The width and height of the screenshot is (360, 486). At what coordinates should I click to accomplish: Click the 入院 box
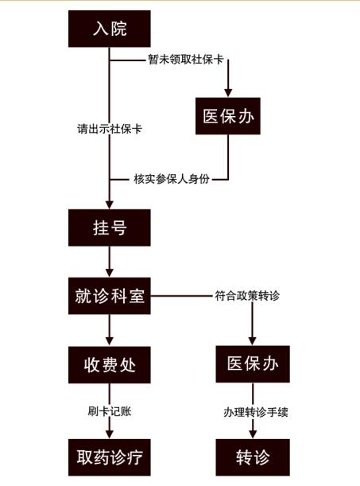pyautogui.click(x=109, y=29)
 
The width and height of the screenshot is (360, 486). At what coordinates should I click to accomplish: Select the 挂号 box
pyautogui.click(x=109, y=227)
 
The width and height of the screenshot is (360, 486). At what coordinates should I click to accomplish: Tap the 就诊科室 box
pyautogui.click(x=109, y=296)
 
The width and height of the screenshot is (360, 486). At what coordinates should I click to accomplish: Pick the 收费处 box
pyautogui.click(x=109, y=365)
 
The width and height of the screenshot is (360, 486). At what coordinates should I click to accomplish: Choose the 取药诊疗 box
pyautogui.click(x=109, y=457)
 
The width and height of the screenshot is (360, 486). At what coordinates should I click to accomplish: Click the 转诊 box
pyautogui.click(x=253, y=457)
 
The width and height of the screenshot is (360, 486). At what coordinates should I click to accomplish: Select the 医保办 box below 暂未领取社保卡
pyautogui.click(x=228, y=116)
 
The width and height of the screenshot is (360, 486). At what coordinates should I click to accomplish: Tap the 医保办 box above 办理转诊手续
pyautogui.click(x=253, y=364)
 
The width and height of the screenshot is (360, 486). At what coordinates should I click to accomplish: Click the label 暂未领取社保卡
pyautogui.click(x=186, y=59)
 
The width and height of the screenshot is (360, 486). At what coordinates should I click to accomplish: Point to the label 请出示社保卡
pyautogui.click(x=109, y=129)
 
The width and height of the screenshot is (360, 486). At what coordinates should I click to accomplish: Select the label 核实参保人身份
pyautogui.click(x=172, y=179)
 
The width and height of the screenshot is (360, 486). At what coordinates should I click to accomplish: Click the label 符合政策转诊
pyautogui.click(x=247, y=296)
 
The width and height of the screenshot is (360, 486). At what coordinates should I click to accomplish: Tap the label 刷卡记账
pyautogui.click(x=109, y=411)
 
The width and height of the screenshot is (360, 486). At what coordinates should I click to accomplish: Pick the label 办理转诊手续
pyautogui.click(x=256, y=412)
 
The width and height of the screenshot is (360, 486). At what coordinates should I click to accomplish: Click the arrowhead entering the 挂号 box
pyautogui.click(x=109, y=204)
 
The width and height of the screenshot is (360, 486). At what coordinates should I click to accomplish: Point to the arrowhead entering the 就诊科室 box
pyautogui.click(x=109, y=273)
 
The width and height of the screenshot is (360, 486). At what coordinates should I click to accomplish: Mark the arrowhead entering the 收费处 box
pyautogui.click(x=109, y=342)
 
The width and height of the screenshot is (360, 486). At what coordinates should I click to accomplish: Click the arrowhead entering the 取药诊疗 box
pyautogui.click(x=109, y=434)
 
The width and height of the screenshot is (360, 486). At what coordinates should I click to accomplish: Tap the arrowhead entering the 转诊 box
pyautogui.click(x=253, y=434)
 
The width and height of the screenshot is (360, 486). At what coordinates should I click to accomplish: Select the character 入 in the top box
pyautogui.click(x=100, y=29)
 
